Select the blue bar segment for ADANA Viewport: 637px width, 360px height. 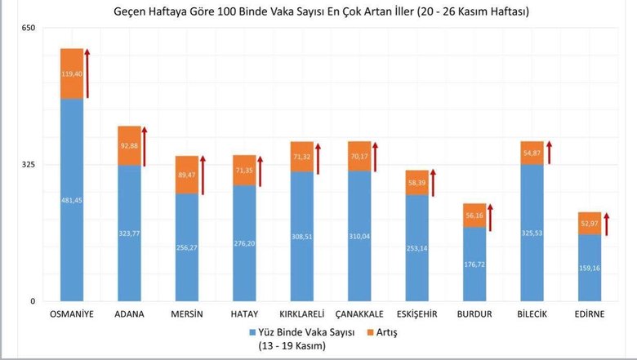click(x=129, y=233)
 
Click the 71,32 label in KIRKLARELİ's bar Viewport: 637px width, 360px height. click(x=301, y=157)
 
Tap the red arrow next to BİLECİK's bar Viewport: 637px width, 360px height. click(x=549, y=153)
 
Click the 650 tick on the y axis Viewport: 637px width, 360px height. click(x=29, y=29)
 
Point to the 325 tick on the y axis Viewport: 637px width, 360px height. click(x=29, y=165)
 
